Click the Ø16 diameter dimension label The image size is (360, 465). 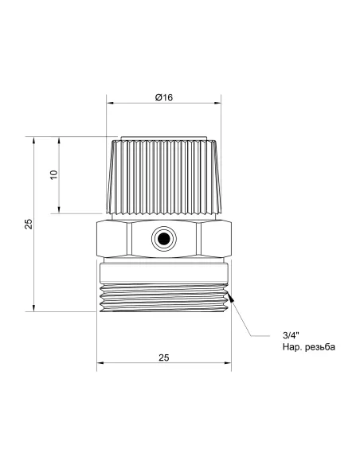163,96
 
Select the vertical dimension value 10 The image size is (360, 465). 53,174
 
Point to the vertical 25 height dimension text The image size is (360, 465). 28,224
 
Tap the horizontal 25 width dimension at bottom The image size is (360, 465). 163,358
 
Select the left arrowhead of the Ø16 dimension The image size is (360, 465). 110,103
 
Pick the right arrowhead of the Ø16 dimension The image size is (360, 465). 218,103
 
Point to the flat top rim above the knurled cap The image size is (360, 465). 163,137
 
